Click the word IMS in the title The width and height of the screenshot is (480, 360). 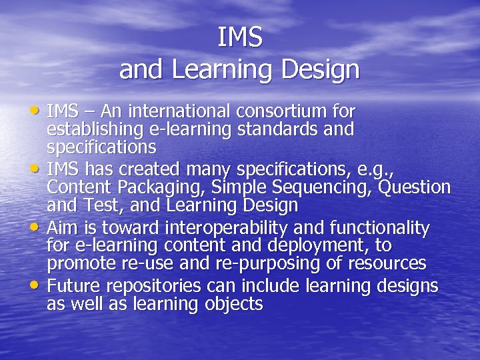240,37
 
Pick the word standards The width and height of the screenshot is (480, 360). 283,129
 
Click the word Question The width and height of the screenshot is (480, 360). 413,187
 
